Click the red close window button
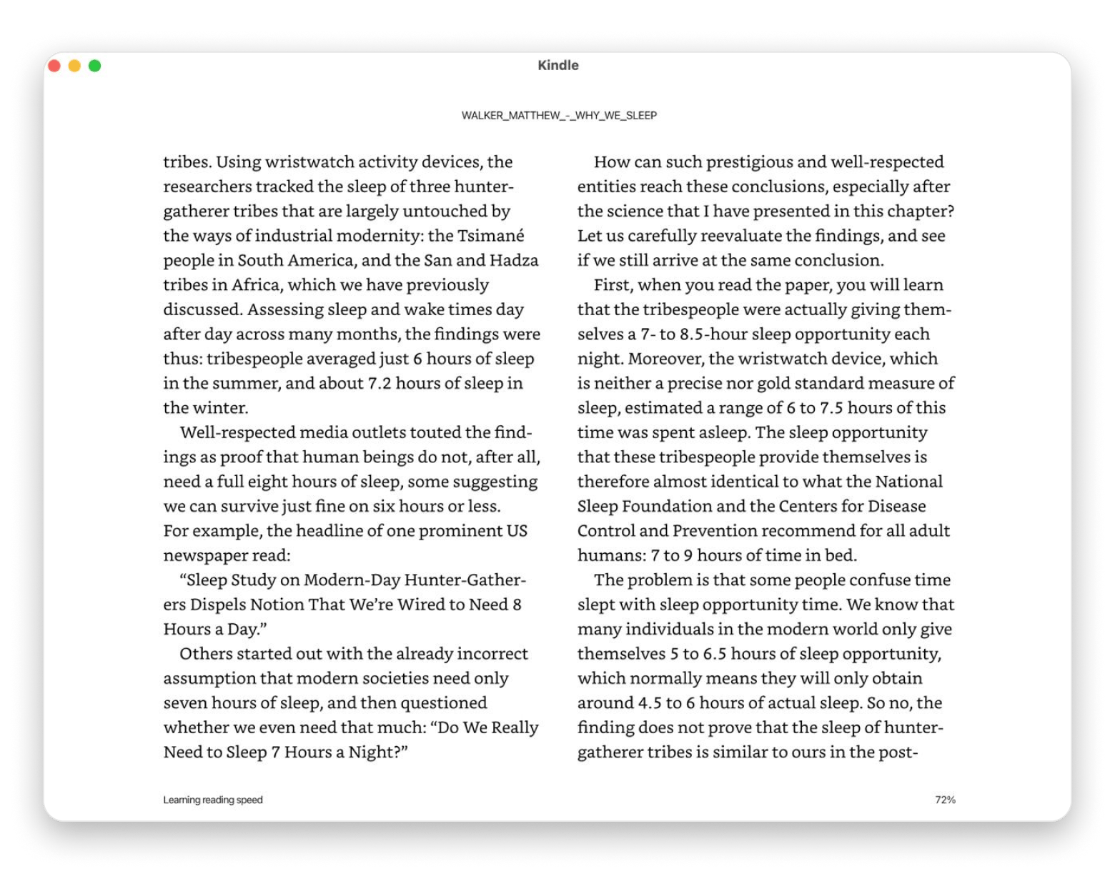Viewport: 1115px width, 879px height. pyautogui.click(x=54, y=66)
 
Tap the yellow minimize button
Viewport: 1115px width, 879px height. pyautogui.click(x=74, y=66)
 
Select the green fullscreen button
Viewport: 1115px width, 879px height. pyautogui.click(x=94, y=66)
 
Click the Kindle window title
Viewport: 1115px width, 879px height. pyautogui.click(x=558, y=65)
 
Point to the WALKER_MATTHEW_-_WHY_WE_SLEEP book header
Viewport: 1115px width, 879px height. pyautogui.click(x=559, y=115)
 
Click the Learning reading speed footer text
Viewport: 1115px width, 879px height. pyautogui.click(x=213, y=800)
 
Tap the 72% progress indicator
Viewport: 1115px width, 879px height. pyautogui.click(x=945, y=800)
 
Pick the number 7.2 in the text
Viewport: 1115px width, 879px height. pyautogui.click(x=379, y=383)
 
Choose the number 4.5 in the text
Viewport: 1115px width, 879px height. pyautogui.click(x=650, y=702)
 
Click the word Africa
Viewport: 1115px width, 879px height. pyautogui.click(x=255, y=285)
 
